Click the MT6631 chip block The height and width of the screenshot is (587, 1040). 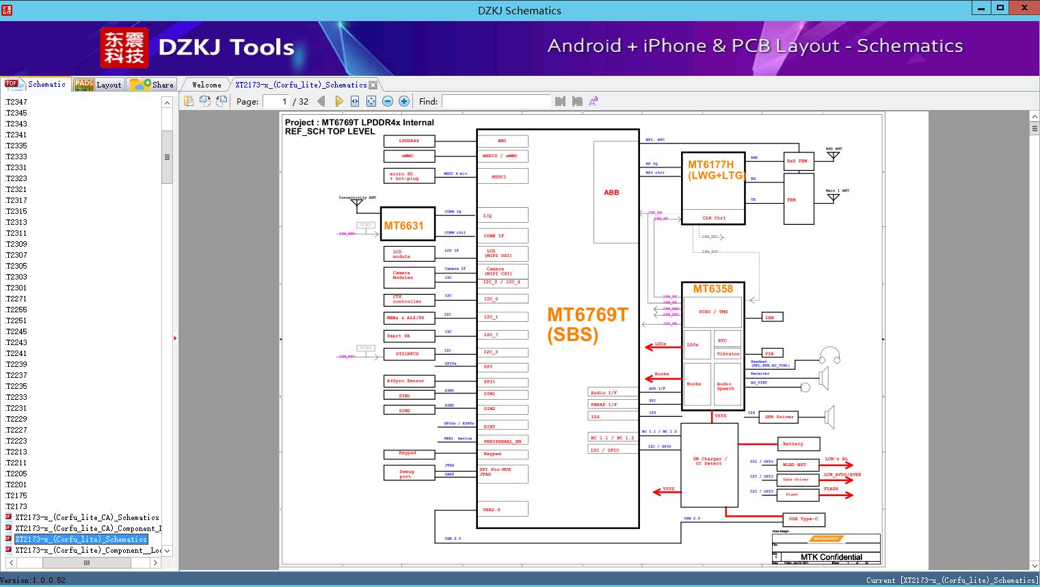pos(407,225)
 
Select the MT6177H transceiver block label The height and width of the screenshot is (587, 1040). pos(715,169)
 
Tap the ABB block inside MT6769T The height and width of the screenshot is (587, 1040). pos(611,193)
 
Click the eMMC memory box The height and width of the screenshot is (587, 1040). pos(408,156)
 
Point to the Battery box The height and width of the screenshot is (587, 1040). pos(797,443)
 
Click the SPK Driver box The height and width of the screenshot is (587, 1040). pos(779,416)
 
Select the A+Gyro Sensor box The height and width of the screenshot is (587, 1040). pos(408,381)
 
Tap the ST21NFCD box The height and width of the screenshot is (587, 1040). pos(408,354)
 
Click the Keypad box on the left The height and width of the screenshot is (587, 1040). pos(408,453)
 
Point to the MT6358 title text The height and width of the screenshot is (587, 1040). pos(712,289)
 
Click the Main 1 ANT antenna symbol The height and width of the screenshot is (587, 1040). pos(833,198)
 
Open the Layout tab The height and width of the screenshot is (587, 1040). pos(98,85)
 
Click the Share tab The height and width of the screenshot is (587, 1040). pos(152,85)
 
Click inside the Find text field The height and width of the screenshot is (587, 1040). pos(496,101)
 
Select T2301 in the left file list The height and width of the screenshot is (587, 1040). pos(16,288)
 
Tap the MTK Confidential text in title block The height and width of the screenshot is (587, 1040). pos(831,557)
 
